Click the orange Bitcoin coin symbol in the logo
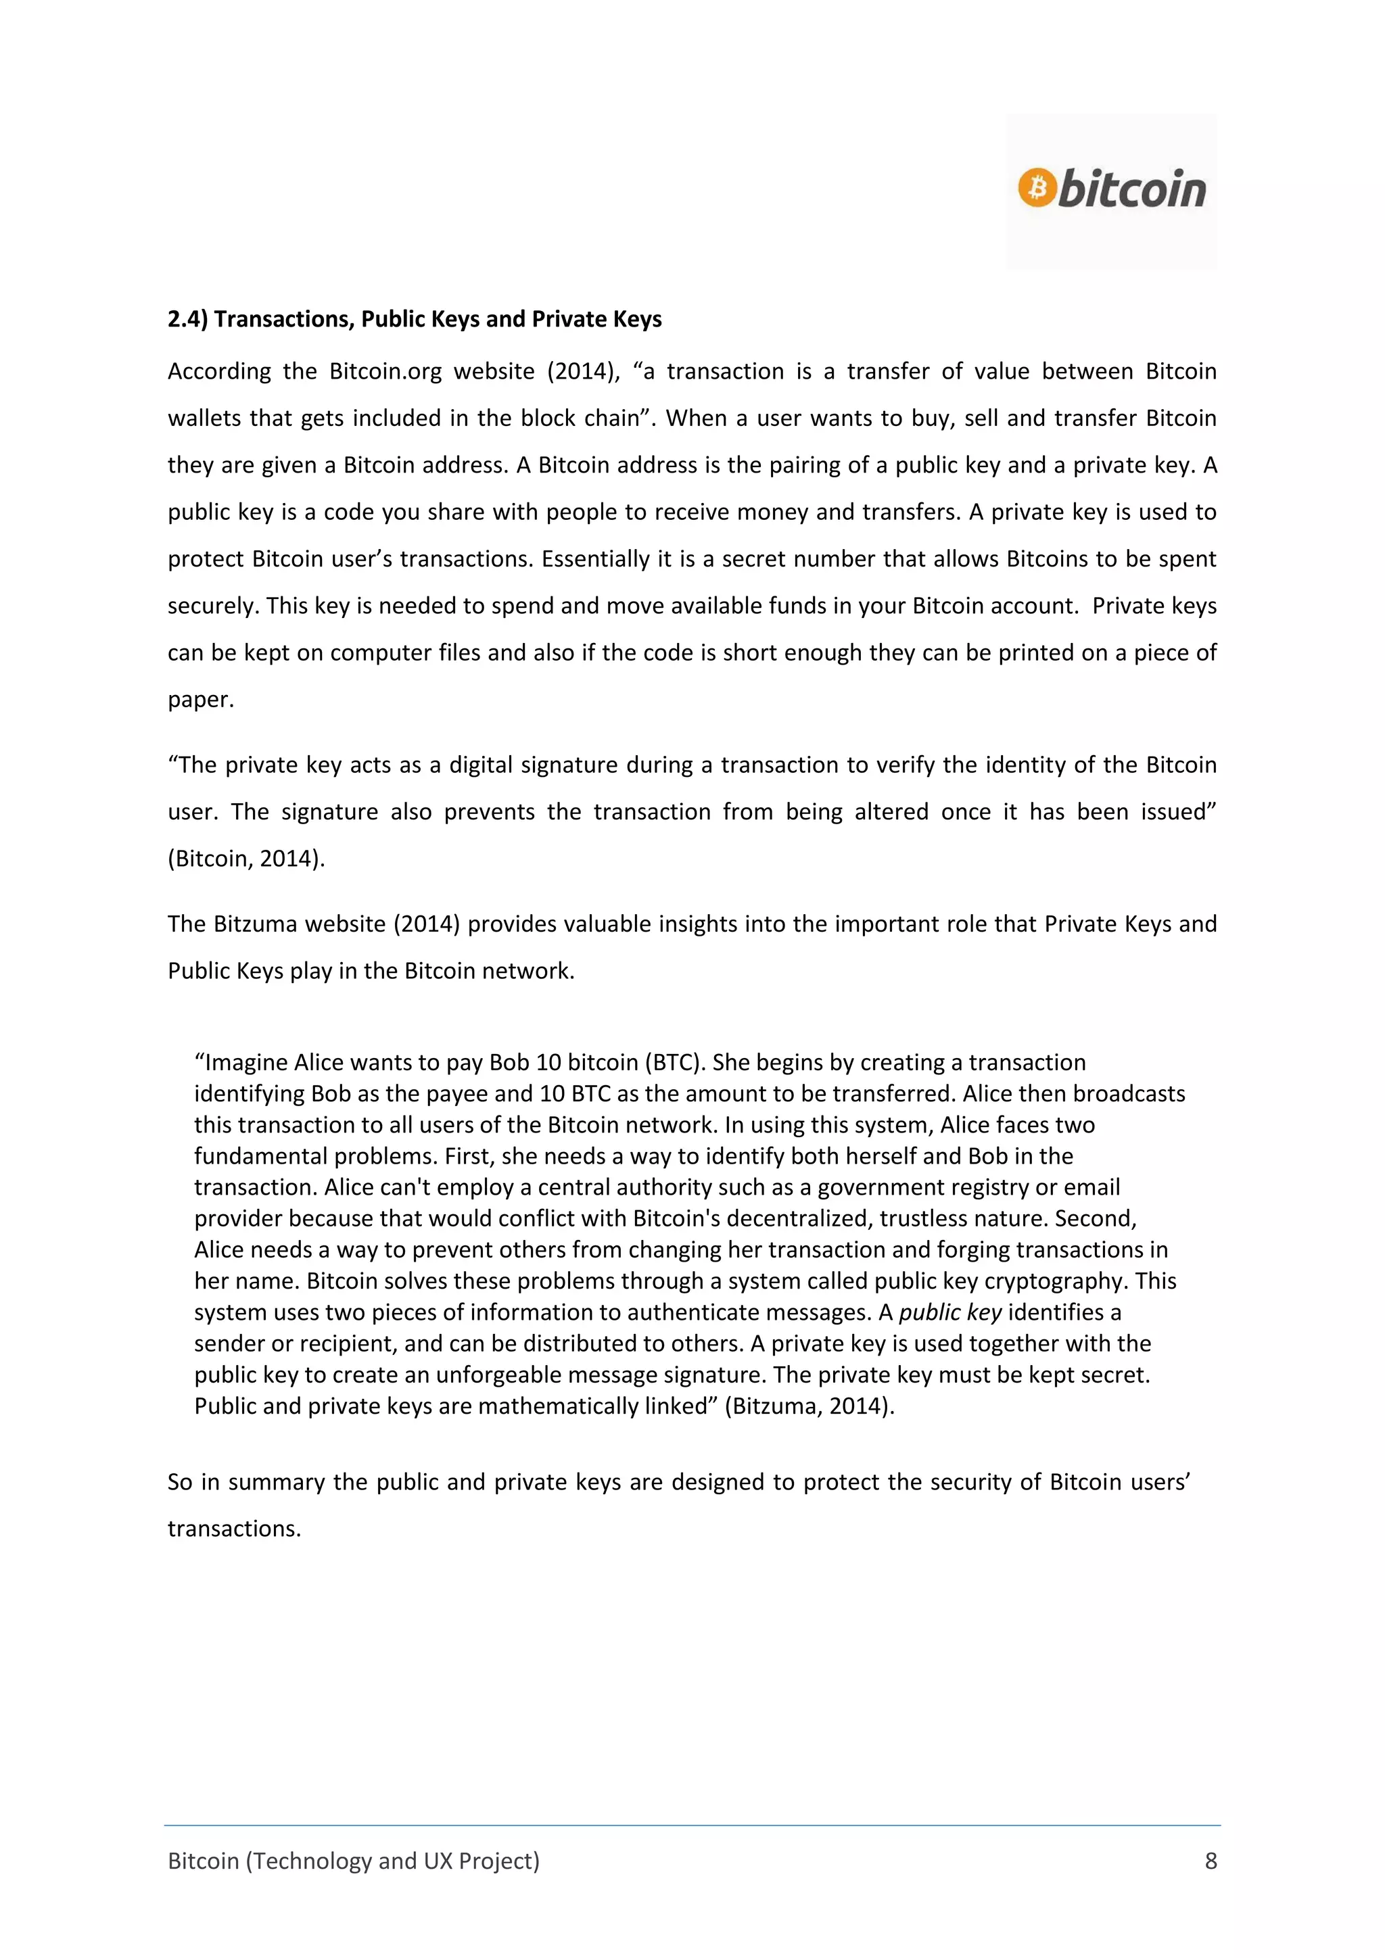(1037, 187)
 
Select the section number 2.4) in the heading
(187, 319)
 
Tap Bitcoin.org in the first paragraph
(385, 372)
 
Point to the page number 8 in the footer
(1210, 1861)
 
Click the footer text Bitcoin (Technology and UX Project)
(353, 1861)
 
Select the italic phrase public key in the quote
(949, 1312)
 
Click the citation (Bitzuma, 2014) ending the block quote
(809, 1406)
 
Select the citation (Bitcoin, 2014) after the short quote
(246, 859)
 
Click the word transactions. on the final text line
(235, 1529)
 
